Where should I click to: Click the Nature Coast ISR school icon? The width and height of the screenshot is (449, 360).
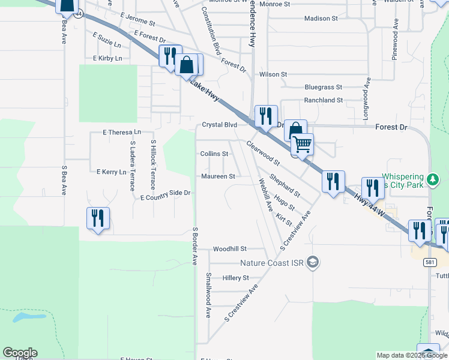312,262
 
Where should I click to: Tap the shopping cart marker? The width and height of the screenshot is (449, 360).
302,144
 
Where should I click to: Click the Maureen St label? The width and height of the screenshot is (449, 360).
218,176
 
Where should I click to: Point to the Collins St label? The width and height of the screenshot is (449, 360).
214,154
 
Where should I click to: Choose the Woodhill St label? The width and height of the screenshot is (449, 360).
230,248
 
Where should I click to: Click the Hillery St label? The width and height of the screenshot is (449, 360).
235,278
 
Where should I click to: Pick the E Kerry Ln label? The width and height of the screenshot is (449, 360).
112,172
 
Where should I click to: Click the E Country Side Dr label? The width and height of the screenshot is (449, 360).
165,195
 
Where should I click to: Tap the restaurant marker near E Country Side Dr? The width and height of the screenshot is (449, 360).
98,218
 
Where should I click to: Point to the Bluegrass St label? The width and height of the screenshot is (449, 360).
323,87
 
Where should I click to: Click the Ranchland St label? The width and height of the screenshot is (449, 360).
323,100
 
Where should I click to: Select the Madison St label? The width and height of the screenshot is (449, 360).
321,19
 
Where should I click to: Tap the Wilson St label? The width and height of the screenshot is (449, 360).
273,74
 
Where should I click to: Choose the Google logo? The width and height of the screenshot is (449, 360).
20,353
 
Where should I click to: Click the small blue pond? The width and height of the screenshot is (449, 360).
29,316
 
